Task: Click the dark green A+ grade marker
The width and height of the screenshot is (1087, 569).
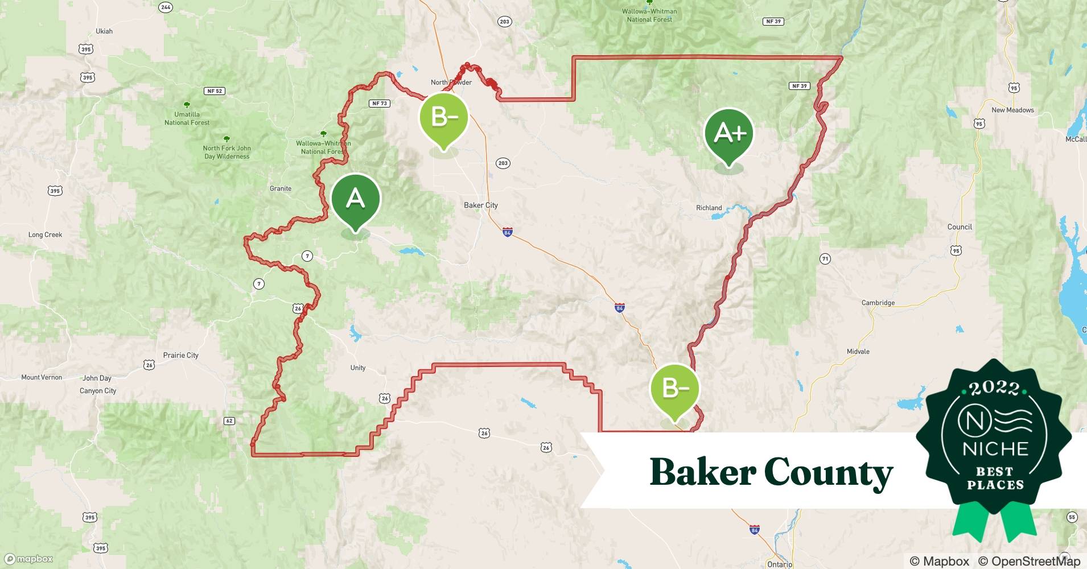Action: pos(728,134)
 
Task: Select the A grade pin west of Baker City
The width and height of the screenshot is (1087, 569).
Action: pos(356,199)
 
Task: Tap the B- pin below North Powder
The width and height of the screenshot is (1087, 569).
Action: pos(444,118)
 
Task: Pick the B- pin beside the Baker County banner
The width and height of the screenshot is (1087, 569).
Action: pos(675,389)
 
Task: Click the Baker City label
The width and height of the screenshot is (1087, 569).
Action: pos(481,205)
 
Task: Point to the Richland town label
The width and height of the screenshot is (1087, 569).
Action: pos(709,208)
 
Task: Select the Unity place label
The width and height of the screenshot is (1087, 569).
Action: pos(358,368)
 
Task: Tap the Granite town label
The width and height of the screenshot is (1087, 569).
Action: pos(281,189)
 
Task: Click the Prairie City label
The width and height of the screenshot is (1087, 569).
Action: pos(181,356)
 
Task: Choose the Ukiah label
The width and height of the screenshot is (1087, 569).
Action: pos(104,31)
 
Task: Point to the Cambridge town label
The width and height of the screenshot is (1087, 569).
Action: pos(878,303)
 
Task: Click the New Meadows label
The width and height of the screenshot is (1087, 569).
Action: pos(1012,110)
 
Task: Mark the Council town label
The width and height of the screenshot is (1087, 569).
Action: pos(960,227)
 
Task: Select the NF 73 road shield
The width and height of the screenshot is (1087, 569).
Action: pos(379,104)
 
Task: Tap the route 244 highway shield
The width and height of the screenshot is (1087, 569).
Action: pos(166,7)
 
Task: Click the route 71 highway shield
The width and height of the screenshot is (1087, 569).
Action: pos(825,259)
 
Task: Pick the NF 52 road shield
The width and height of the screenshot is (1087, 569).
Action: pos(215,91)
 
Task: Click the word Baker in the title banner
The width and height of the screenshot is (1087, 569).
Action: pos(703,472)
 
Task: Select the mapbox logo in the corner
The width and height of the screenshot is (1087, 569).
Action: pos(29,559)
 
